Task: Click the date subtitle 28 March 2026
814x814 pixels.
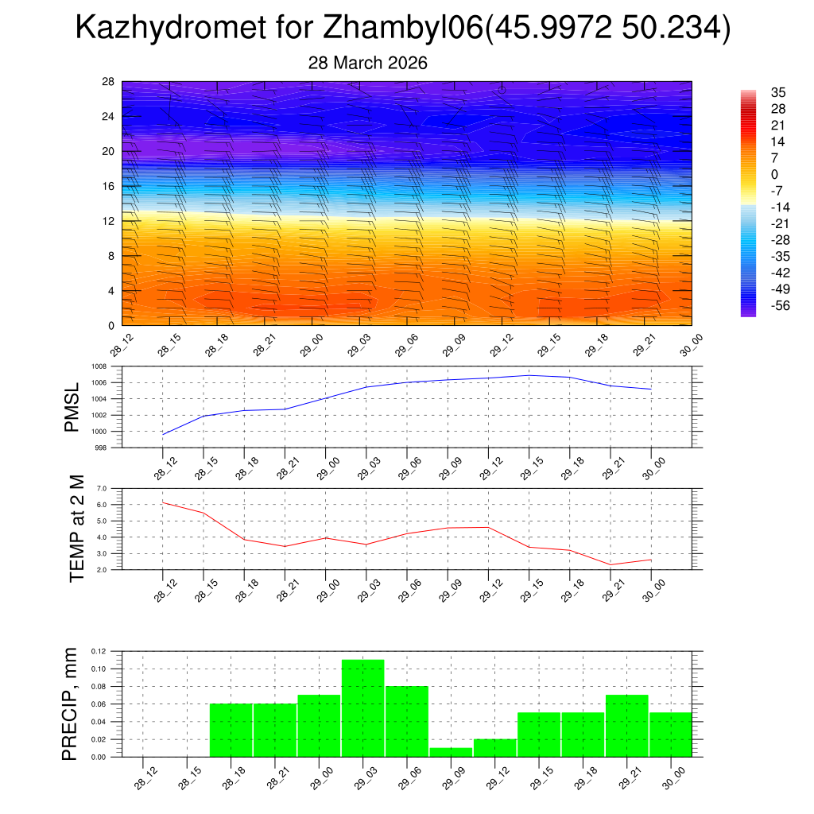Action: tap(367, 63)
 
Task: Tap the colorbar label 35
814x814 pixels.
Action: tap(779, 92)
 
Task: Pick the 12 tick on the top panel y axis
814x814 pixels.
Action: tap(109, 221)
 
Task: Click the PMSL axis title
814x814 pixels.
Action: tap(72, 407)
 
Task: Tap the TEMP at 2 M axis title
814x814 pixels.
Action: tap(76, 529)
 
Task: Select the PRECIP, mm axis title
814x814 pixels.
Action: tap(72, 704)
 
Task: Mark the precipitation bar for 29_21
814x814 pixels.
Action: tap(627, 726)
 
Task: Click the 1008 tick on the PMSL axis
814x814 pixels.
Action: tap(99, 366)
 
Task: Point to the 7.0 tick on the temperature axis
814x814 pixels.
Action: tap(101, 489)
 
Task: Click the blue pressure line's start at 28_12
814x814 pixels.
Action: tap(163, 434)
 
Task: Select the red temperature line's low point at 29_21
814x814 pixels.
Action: tap(610, 564)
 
